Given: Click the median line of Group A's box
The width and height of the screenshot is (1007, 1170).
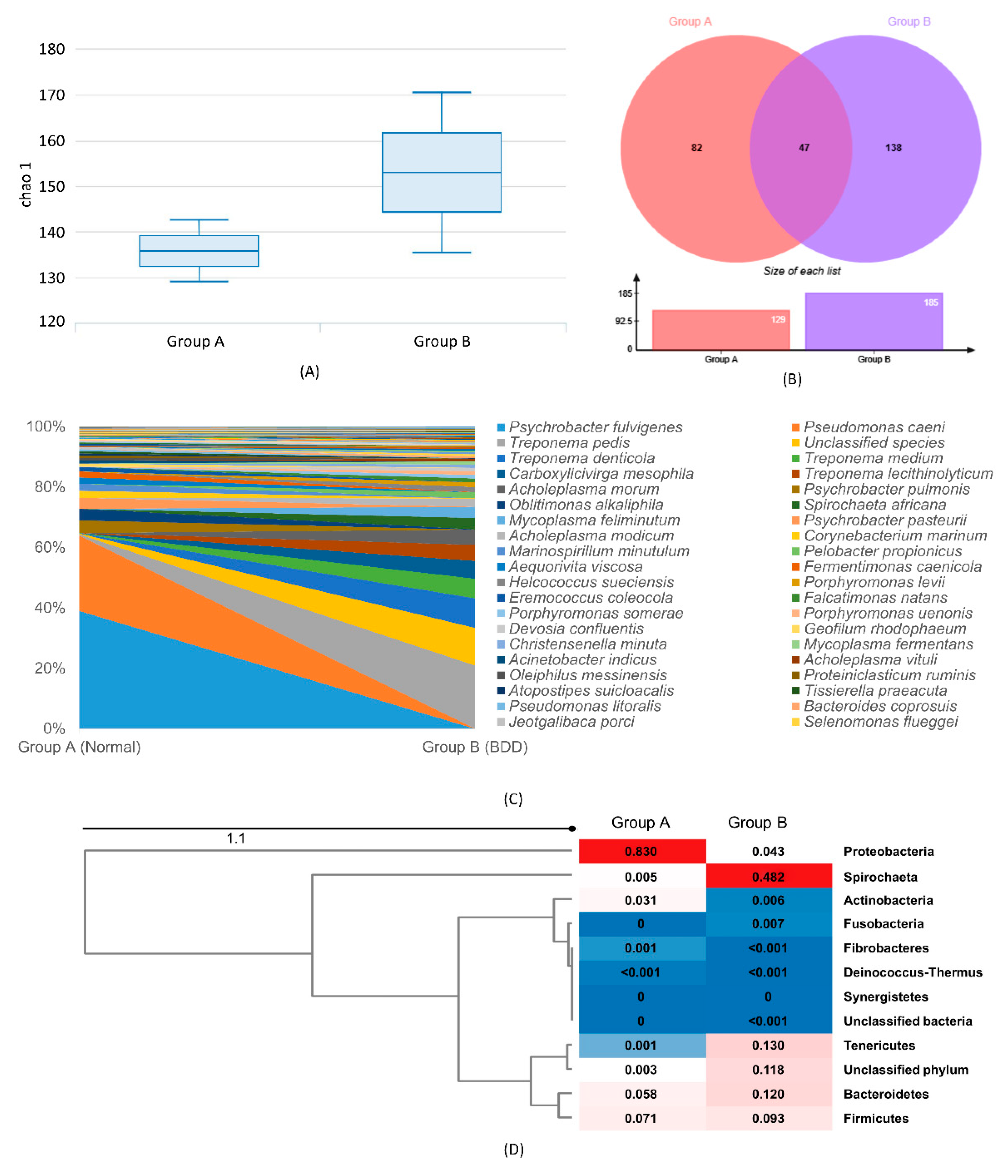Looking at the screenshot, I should [199, 251].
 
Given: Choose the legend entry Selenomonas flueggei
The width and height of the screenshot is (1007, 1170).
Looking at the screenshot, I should [880, 722].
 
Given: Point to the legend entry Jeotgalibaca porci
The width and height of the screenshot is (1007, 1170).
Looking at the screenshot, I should [571, 722].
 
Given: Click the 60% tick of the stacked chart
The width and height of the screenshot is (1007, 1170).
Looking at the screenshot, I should [50, 547].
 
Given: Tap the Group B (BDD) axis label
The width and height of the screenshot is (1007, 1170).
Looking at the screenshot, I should [474, 747].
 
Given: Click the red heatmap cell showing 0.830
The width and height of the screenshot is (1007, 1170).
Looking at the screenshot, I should [641, 851].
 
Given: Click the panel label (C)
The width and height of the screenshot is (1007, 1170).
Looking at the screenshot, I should [513, 799].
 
